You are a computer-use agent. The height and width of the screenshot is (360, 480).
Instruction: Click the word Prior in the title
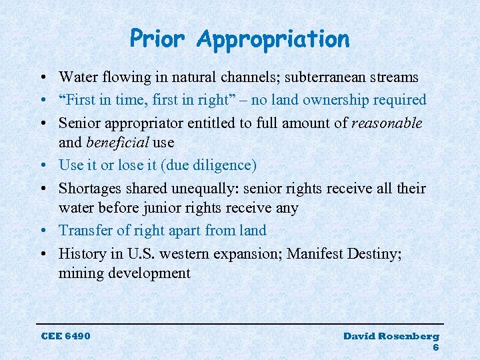tap(158, 39)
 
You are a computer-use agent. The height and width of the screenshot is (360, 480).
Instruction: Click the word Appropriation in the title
tap(273, 40)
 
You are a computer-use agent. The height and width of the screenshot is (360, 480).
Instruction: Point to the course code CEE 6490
tap(65, 335)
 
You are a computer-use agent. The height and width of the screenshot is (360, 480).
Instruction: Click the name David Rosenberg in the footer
tap(391, 336)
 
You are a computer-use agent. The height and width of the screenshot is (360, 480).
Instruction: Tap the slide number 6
tap(435, 347)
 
